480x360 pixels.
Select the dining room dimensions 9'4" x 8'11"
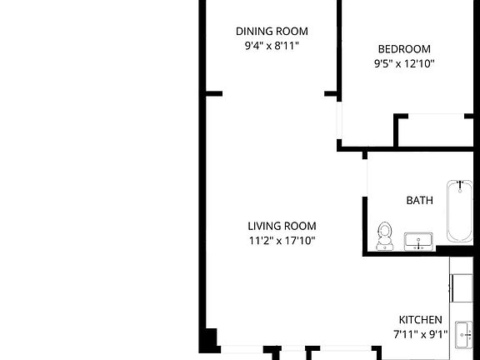tap(271, 47)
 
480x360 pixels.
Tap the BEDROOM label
tap(403, 48)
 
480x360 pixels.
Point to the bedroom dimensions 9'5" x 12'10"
tap(403, 63)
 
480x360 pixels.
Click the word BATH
tap(419, 201)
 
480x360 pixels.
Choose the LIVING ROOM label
tap(282, 226)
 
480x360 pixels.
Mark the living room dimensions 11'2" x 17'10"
tap(282, 241)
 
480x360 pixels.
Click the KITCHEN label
tap(420, 320)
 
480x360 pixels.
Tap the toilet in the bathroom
tap(385, 235)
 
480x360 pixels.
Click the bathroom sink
tap(418, 242)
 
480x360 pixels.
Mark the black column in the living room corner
tap(207, 340)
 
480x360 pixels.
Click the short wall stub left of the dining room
tap(213, 93)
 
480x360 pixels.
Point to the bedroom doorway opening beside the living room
tap(338, 121)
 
